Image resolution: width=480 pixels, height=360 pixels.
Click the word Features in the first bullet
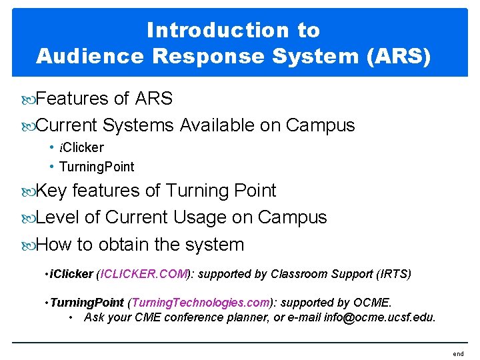[x=72, y=99]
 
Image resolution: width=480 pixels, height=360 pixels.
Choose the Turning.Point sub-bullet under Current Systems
[x=97, y=167]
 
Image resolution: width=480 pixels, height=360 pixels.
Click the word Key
[x=51, y=191]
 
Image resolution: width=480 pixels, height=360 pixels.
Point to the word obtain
[x=123, y=245]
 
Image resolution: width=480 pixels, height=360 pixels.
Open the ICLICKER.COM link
[x=145, y=274]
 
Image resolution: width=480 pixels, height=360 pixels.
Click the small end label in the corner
[x=458, y=354]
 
